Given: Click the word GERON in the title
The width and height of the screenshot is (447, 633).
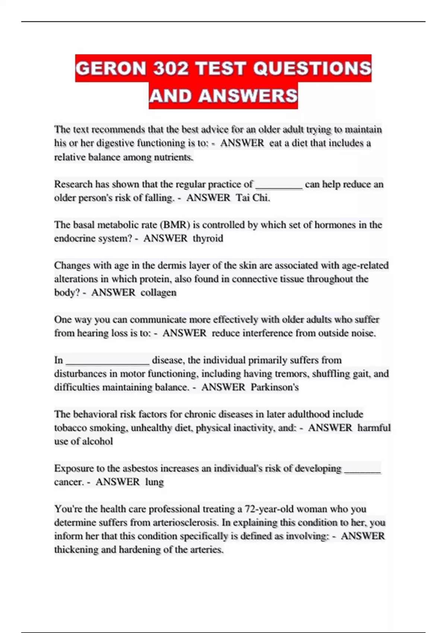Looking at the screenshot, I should (x=111, y=69).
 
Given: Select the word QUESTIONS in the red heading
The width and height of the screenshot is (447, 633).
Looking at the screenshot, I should (x=312, y=69).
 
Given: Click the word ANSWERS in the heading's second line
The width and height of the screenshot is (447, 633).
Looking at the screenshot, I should (x=248, y=96).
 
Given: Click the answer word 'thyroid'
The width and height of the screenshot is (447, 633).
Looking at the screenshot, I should (x=208, y=238).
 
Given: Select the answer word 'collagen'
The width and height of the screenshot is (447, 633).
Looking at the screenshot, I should (x=158, y=292).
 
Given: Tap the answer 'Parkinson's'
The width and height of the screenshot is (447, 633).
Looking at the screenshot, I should (x=275, y=387).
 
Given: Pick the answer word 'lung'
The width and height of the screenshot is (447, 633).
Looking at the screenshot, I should (x=154, y=482).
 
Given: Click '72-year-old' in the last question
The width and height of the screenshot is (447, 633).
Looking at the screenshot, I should (x=269, y=509).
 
